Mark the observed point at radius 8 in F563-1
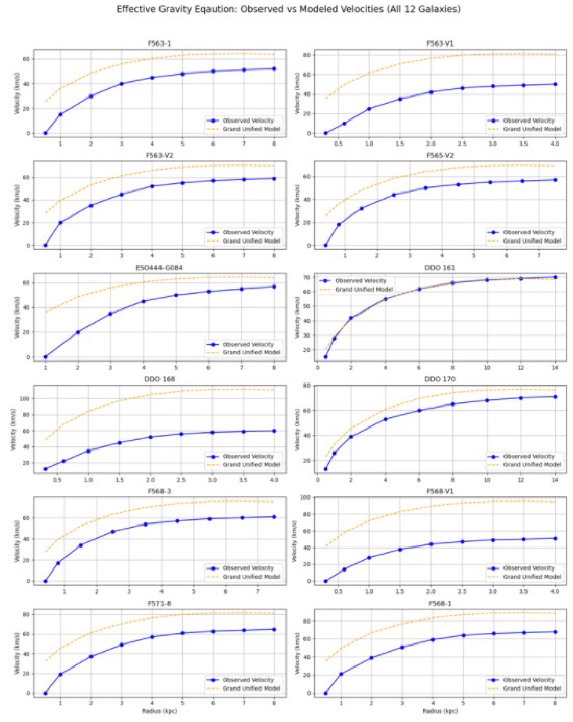tap(274, 69)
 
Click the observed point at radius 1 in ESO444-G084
tap(45, 357)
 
